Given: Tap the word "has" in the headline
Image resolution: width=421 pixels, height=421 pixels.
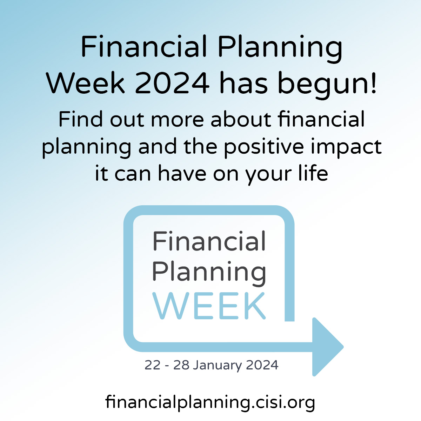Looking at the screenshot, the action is (x=243, y=82).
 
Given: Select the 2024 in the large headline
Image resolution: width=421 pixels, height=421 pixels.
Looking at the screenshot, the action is (x=172, y=83).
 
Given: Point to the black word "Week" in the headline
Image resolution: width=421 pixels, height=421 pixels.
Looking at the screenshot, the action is (x=85, y=82).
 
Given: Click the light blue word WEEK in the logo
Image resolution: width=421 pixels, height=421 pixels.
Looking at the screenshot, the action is (x=209, y=306).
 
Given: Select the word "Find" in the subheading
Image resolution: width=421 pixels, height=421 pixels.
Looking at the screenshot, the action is (x=80, y=119).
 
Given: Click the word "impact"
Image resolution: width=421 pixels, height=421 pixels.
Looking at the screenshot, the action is (x=346, y=147).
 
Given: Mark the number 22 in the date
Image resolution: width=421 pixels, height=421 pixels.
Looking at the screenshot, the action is (x=153, y=365).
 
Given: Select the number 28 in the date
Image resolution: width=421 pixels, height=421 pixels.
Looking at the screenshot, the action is (x=181, y=365).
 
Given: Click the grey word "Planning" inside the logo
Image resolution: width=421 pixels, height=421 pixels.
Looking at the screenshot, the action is (x=209, y=272).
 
